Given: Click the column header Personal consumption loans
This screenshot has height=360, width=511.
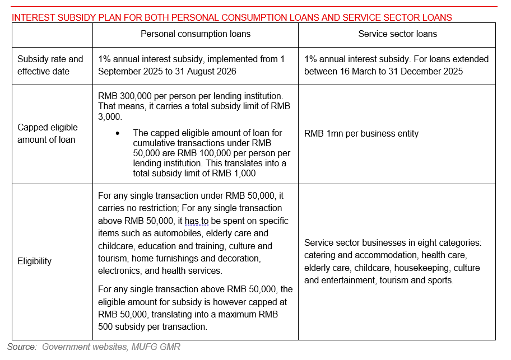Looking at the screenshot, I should point(195,34).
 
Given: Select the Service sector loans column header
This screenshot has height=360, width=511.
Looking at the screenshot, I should point(397,34).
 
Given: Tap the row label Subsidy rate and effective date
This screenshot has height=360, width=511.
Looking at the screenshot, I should point(50,65).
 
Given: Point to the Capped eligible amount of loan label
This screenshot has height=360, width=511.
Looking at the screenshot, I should point(48,133).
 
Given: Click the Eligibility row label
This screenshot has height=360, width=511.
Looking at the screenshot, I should point(34,261).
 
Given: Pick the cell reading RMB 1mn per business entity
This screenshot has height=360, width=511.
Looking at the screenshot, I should point(361,133).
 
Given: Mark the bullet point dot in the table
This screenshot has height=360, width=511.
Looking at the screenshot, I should point(117,133).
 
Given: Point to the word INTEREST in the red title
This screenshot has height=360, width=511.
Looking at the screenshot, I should point(32,17).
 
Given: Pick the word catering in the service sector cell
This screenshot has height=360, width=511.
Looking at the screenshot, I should point(321,255).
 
